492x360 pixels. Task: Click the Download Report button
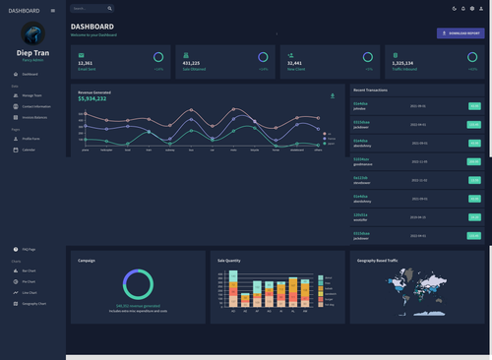click(x=461, y=32)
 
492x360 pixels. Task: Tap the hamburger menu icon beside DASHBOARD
click(x=53, y=11)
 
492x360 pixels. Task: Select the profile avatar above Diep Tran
click(x=32, y=33)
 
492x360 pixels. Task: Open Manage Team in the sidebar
click(x=31, y=95)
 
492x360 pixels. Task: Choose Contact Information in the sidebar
click(x=36, y=105)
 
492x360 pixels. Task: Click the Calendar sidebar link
click(x=29, y=150)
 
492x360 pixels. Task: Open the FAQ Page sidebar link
click(x=29, y=250)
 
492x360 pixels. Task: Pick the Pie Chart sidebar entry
click(x=29, y=281)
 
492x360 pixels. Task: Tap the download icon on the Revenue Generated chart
click(x=332, y=95)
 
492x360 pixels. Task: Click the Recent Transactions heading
click(x=370, y=89)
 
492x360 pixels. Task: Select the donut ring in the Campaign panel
click(x=138, y=284)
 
